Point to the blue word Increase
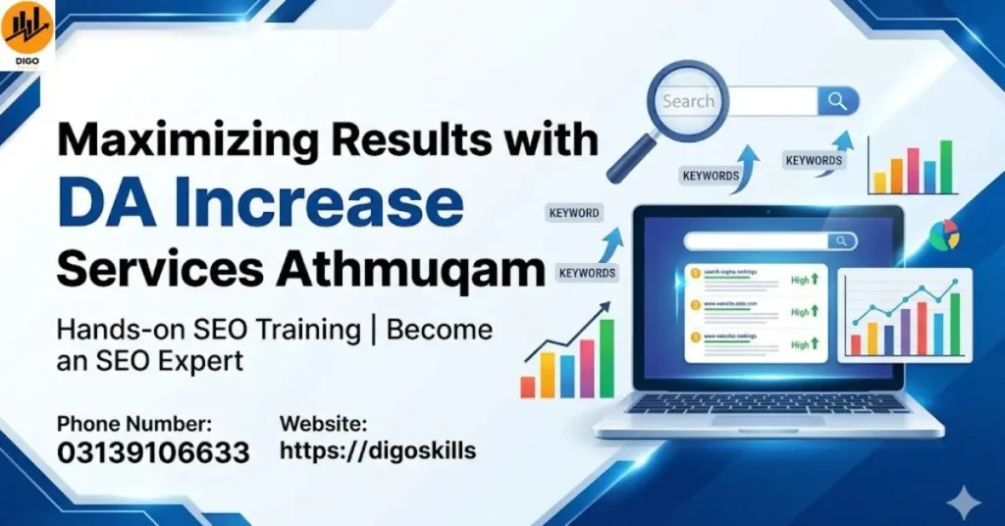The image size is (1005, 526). [334, 203]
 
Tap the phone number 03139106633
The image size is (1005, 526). [153, 453]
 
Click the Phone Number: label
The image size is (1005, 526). [133, 424]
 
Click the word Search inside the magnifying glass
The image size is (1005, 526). [688, 101]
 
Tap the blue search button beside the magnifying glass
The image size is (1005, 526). [837, 100]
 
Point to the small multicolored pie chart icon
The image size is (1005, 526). [944, 236]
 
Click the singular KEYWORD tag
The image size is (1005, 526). [574, 213]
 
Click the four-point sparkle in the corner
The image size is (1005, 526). [968, 502]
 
